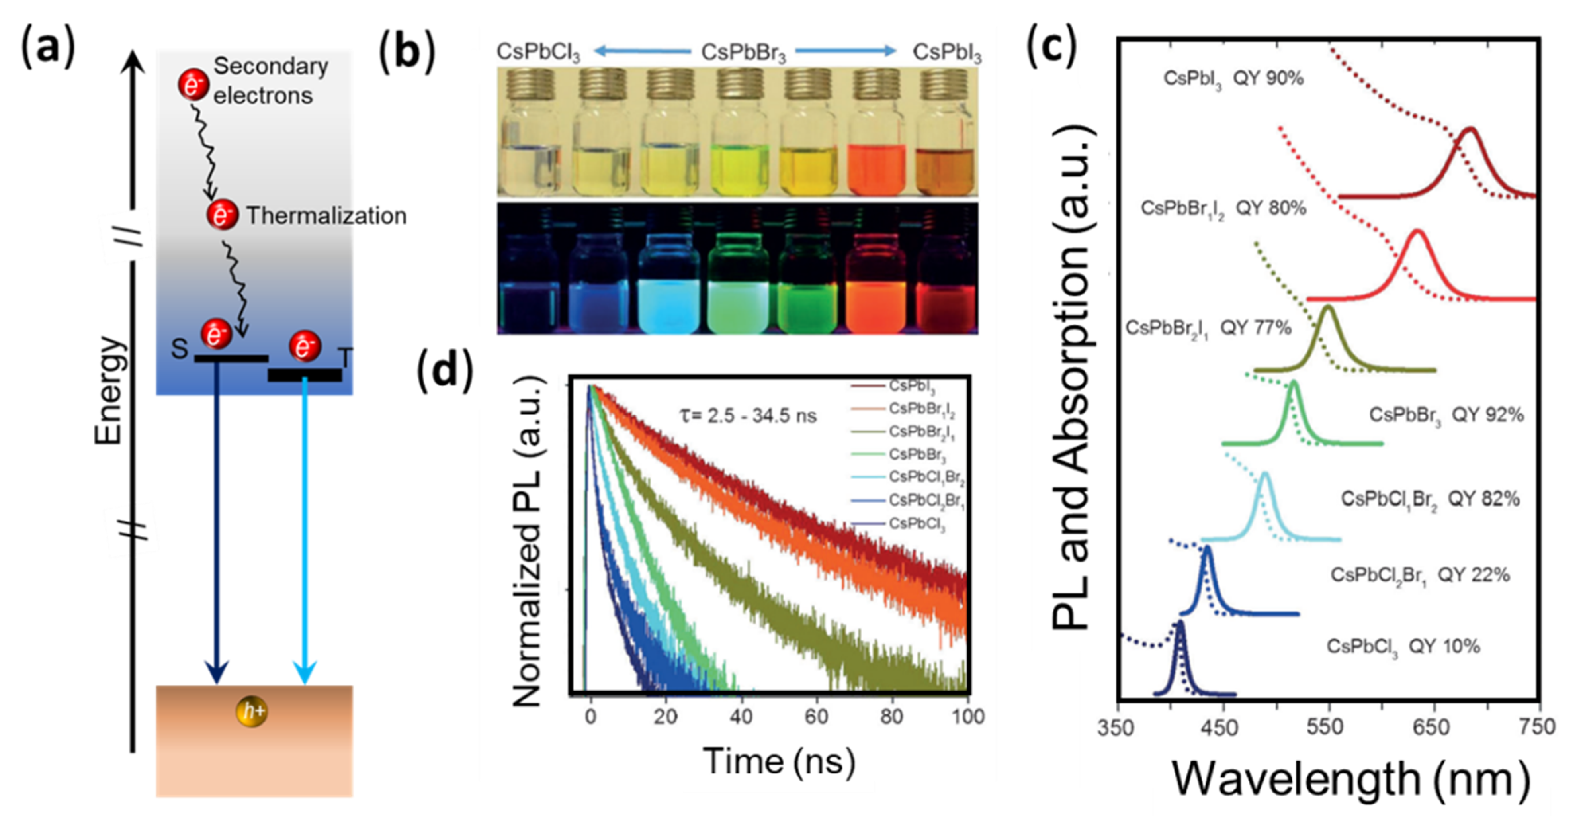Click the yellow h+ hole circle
pos(252,712)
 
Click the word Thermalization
pos(326,216)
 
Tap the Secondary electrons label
pos(270,80)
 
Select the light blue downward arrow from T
pos(305,528)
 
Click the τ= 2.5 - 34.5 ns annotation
pos(748,416)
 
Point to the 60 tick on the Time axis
pos(816,716)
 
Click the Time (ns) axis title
pos(779,761)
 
